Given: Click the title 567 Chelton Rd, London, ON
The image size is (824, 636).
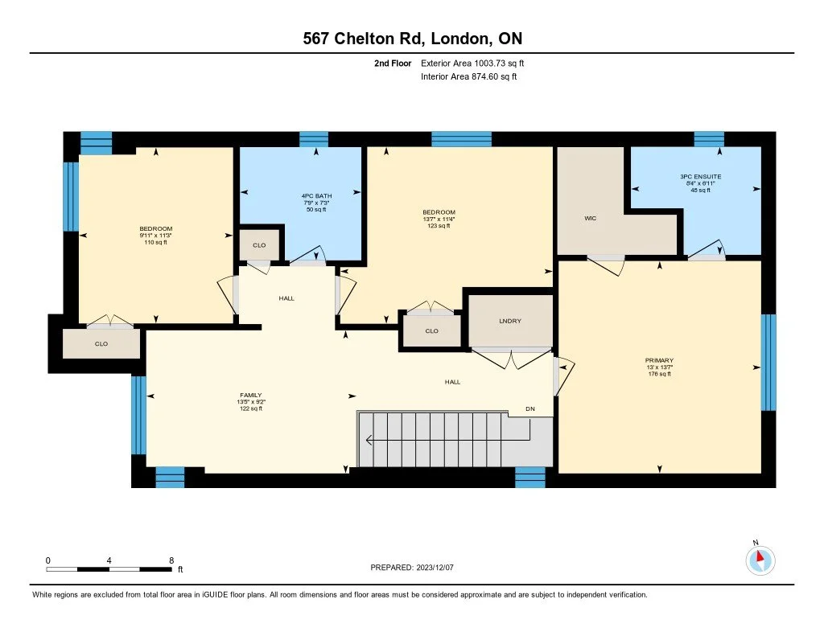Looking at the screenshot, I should click(x=411, y=39).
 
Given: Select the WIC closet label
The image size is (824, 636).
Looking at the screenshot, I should click(x=589, y=218).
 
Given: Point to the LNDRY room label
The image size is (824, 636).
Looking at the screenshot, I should click(x=510, y=321).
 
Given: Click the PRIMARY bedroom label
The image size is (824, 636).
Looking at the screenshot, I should click(x=659, y=360).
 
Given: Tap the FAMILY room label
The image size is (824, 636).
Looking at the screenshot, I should click(x=250, y=396).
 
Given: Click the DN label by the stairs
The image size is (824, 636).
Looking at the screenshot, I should click(x=530, y=409).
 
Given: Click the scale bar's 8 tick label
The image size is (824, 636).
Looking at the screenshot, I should click(x=171, y=560).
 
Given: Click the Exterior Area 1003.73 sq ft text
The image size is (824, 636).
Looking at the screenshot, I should click(x=473, y=63).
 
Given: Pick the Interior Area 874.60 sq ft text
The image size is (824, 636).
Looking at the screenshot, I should click(x=468, y=76).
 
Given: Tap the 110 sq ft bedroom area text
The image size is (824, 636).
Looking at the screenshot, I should click(x=156, y=241).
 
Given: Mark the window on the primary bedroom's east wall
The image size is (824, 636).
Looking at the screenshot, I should click(x=768, y=362).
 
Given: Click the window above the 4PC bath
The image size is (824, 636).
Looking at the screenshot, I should click(x=314, y=139).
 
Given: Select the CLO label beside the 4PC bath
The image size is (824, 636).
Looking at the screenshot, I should click(x=259, y=244).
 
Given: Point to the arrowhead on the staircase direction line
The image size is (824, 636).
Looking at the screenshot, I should click(x=369, y=440).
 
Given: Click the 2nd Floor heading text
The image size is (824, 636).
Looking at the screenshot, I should click(x=393, y=63).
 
